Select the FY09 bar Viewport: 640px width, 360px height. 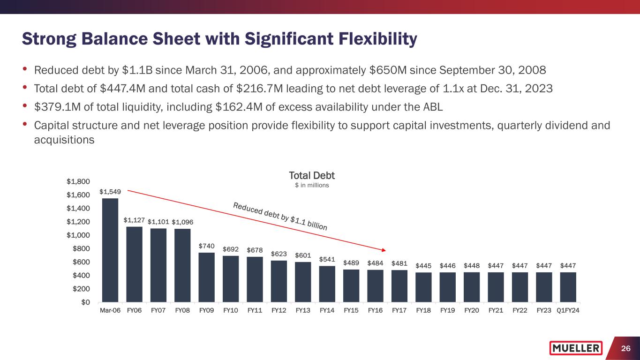pyautogui.click(x=207, y=277)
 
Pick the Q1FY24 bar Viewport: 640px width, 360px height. pyautogui.click(x=568, y=287)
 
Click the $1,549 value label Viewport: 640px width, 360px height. pyautogui.click(x=109, y=192)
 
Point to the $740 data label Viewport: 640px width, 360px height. pyautogui.click(x=207, y=246)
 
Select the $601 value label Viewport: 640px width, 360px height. pyautogui.click(x=303, y=255)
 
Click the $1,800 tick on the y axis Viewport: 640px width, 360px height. pyautogui.click(x=78, y=181)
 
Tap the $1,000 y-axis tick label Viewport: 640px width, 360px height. pyautogui.click(x=78, y=235)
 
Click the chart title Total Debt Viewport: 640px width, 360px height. pyautogui.click(x=312, y=176)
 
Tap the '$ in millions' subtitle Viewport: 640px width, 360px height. pyautogui.click(x=312, y=186)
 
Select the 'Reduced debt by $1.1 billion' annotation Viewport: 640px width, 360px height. pyautogui.click(x=280, y=216)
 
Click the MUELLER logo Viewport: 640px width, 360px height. pyautogui.click(x=576, y=348)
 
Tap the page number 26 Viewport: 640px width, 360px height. pyautogui.click(x=625, y=348)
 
